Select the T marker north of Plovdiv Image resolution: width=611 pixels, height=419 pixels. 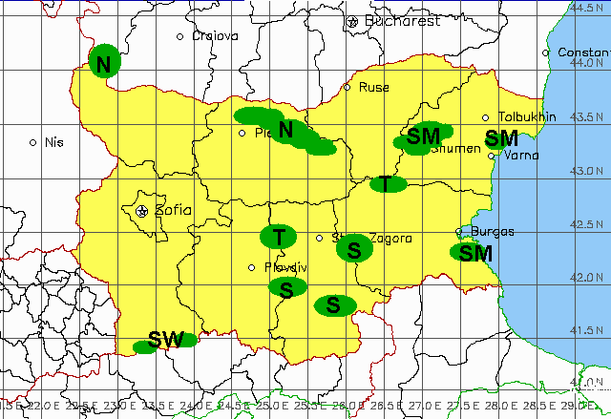(x=279, y=236)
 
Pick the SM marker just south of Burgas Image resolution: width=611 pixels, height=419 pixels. (x=474, y=253)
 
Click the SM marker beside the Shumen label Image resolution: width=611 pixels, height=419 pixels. (x=418, y=137)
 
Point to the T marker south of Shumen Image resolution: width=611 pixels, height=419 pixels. (x=386, y=183)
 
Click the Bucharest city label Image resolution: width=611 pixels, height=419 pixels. (x=402, y=20)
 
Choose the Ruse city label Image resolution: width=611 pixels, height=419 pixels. (x=373, y=87)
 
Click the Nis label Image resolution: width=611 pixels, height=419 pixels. (x=53, y=142)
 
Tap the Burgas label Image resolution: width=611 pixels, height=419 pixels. (x=493, y=231)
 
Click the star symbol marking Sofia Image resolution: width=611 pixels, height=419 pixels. (x=142, y=210)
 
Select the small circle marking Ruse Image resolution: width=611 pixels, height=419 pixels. (x=348, y=87)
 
